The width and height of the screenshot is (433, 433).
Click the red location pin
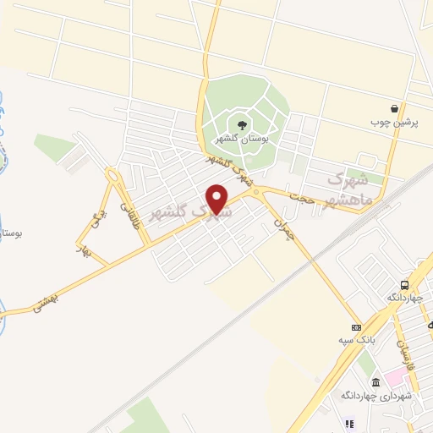coord(217,199)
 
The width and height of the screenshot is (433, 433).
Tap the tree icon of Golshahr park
coord(243,125)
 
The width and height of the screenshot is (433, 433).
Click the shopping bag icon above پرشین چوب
coord(395,108)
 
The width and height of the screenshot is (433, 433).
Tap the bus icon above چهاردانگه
coord(404,285)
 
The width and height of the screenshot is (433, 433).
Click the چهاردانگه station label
coord(404,298)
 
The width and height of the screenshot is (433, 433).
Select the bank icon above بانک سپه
coord(356,327)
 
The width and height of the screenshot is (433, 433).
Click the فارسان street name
coord(408,355)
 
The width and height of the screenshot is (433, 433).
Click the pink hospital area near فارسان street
coord(394,375)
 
